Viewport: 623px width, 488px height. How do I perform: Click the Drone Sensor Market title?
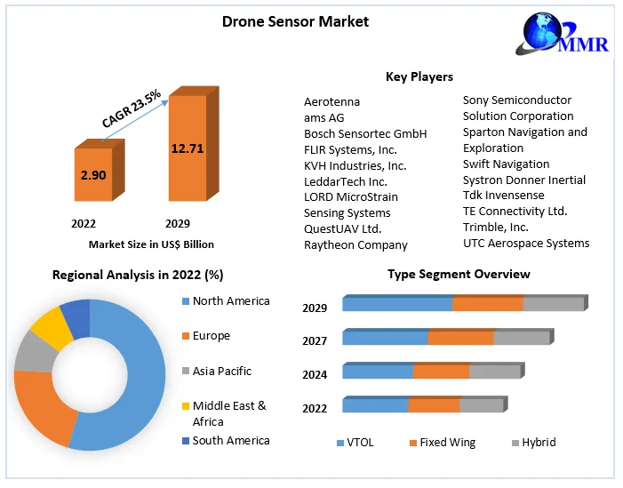click(x=295, y=20)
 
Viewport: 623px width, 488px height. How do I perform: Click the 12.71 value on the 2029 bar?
click(x=188, y=148)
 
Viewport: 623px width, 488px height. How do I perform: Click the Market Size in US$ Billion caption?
click(x=151, y=244)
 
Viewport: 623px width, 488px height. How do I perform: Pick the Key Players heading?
click(x=419, y=77)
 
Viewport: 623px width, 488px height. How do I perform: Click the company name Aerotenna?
click(x=331, y=101)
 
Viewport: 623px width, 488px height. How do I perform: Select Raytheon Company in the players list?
click(x=355, y=244)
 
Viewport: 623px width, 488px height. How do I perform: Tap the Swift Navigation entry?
click(x=506, y=164)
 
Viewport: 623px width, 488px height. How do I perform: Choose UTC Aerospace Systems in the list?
click(x=526, y=244)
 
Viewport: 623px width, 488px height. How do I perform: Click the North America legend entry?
click(x=230, y=301)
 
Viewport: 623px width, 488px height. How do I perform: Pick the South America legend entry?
click(x=230, y=441)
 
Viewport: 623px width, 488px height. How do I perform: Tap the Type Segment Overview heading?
click(x=459, y=274)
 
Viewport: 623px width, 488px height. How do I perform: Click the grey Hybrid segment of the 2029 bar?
click(x=553, y=304)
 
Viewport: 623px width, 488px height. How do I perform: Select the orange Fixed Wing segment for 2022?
click(x=434, y=405)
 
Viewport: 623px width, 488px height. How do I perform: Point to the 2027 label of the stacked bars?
click(x=315, y=341)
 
